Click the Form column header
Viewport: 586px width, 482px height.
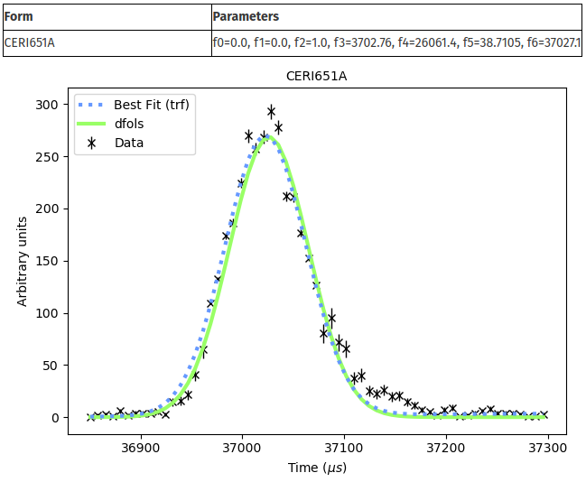coord(19,17)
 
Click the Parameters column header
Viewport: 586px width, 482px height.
coord(246,17)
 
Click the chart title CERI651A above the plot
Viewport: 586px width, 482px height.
coord(316,76)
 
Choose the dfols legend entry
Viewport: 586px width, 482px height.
coord(131,123)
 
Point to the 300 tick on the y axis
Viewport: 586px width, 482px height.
coord(47,105)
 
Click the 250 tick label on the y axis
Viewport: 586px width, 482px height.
coord(47,157)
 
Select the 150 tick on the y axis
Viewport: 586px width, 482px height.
coord(47,262)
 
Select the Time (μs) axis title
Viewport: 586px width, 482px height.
coord(316,468)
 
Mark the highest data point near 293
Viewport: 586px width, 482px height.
coord(271,112)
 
